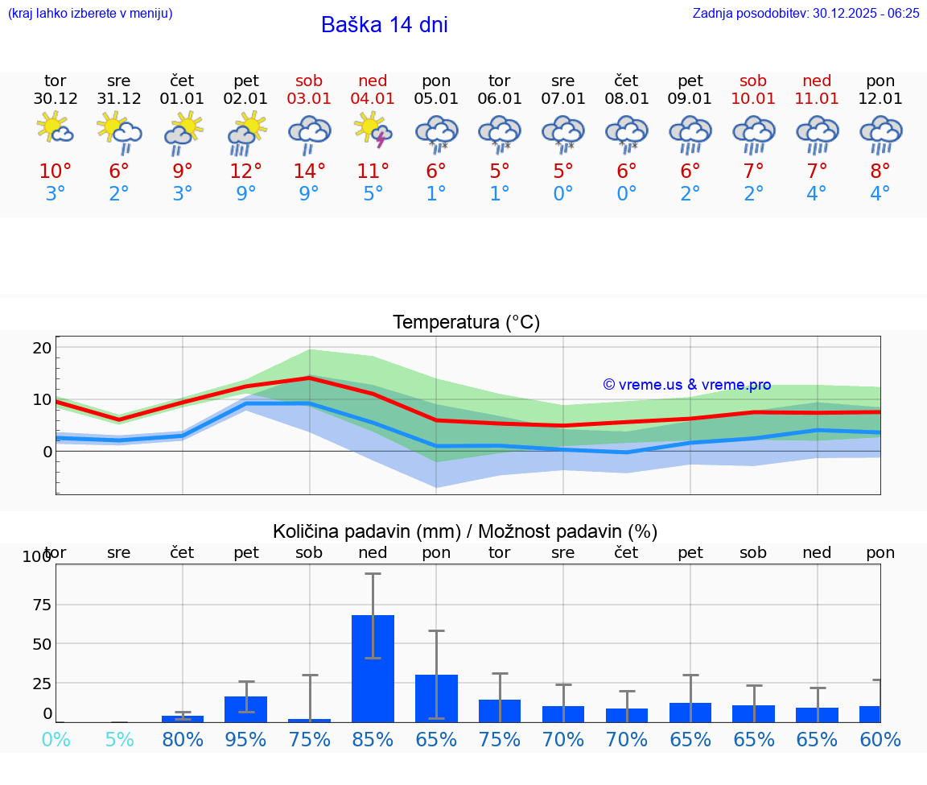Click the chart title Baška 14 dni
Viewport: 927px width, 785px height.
coord(384,25)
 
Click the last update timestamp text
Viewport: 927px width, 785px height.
coord(805,13)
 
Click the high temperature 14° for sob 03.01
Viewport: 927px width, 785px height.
coord(309,171)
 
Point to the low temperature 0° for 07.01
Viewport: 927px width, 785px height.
coord(563,194)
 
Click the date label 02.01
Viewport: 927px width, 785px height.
coord(245,99)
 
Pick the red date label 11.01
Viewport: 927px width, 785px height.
coord(817,99)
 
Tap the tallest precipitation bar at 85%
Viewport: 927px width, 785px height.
coord(373,668)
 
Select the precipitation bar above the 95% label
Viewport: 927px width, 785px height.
coord(245,709)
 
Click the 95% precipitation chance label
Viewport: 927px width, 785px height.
coord(245,739)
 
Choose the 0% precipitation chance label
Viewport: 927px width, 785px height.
coord(56,739)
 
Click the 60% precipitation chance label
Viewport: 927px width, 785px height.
coord(880,739)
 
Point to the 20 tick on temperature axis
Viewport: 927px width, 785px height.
coord(42,348)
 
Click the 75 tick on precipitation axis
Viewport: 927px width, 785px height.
coord(42,605)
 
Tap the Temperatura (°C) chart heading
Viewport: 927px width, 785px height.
coord(466,323)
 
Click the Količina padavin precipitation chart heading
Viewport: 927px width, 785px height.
coord(465,531)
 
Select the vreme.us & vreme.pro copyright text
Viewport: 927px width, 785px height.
coord(687,385)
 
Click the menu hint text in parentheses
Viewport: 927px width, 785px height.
coord(90,13)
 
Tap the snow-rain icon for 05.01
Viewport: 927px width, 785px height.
coord(436,133)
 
